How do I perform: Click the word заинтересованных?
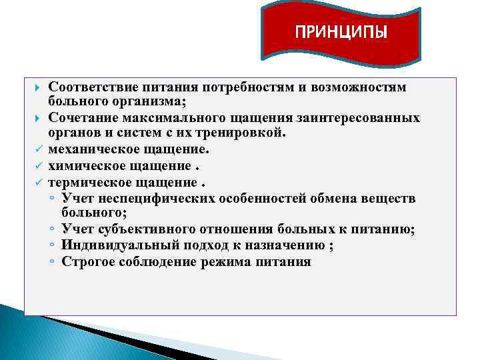point(363,118)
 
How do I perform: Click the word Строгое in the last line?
point(86,261)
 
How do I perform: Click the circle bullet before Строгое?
point(52,262)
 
